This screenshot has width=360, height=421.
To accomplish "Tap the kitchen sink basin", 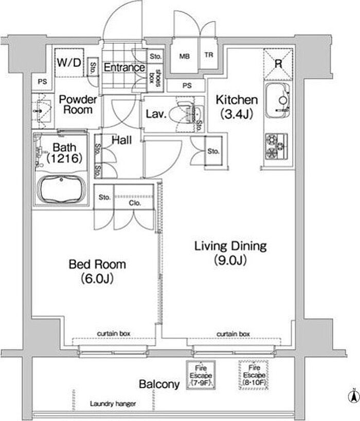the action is [x=278, y=101].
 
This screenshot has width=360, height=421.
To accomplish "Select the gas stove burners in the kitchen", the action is [x=276, y=146].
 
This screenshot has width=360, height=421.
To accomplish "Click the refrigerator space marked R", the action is [x=278, y=64].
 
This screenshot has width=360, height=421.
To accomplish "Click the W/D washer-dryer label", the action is [x=69, y=63].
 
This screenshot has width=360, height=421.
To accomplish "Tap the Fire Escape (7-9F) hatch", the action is [x=201, y=375].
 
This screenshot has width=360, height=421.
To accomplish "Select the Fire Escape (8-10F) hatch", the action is [x=254, y=375].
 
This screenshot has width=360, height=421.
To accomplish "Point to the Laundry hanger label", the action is [x=113, y=404].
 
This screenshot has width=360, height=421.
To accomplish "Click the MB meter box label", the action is [x=185, y=57].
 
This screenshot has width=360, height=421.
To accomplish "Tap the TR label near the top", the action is [x=209, y=55].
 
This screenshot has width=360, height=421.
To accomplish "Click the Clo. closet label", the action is [x=135, y=203].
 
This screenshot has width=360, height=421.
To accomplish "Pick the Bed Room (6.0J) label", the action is [x=97, y=271].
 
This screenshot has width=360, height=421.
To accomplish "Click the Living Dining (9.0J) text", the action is [x=230, y=253].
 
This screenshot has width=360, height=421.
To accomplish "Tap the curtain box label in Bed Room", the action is [x=114, y=334].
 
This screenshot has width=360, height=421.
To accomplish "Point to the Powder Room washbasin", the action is [x=43, y=111].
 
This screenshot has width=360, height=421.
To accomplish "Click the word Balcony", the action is [x=159, y=384].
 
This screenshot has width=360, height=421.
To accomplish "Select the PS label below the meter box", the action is [x=187, y=85].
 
